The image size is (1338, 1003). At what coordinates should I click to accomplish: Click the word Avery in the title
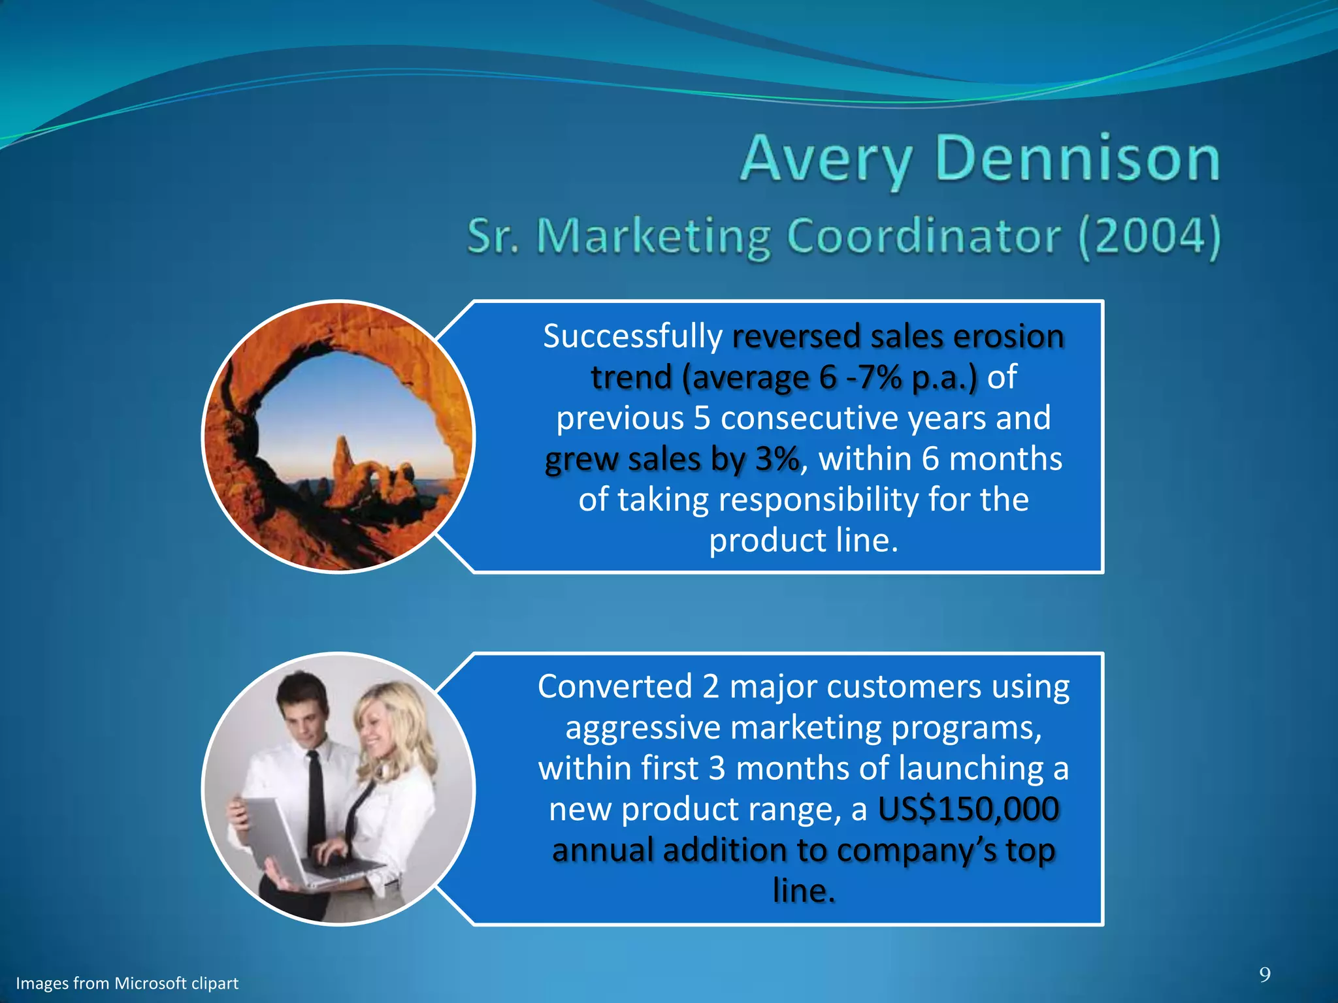tap(825, 159)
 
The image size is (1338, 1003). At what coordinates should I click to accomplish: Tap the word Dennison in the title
tap(1077, 159)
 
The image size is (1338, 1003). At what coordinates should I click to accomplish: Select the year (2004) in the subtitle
tap(1149, 236)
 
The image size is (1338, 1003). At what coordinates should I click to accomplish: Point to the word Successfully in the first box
tap(632, 337)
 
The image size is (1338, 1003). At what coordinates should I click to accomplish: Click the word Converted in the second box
tap(614, 687)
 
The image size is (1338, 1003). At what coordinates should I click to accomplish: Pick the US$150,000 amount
tap(968, 810)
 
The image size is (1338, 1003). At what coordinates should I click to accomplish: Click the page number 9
tap(1265, 975)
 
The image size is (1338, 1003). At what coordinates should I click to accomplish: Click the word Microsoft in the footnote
tap(150, 983)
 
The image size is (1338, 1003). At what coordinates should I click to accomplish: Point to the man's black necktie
tap(316, 803)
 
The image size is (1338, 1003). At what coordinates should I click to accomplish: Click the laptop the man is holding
tap(281, 842)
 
